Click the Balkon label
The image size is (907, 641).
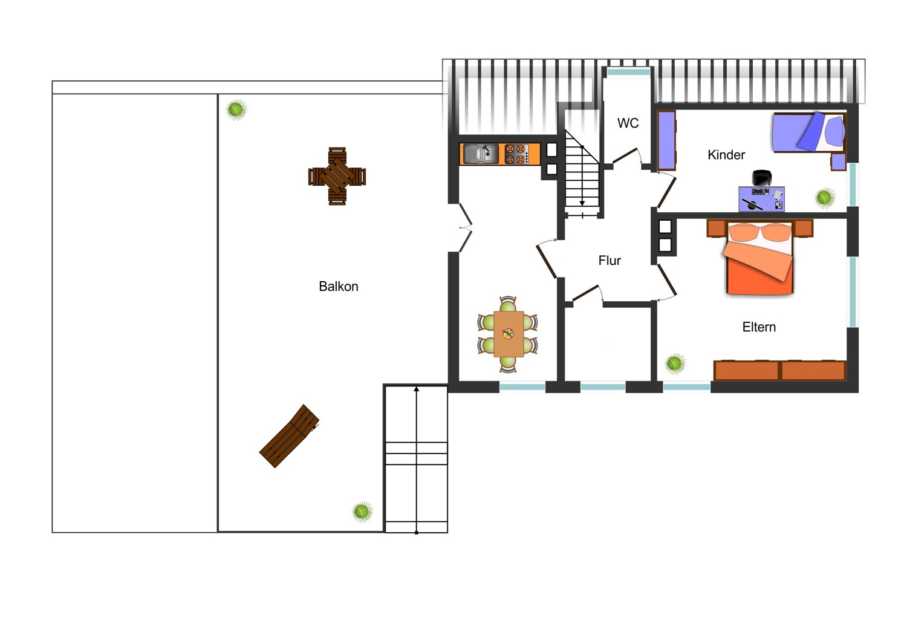point(338,287)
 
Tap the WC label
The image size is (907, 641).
point(628,123)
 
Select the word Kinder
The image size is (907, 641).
point(726,155)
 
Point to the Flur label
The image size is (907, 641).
point(609,261)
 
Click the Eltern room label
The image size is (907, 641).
point(758,327)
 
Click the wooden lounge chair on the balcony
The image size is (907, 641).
point(289,436)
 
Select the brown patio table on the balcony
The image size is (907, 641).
point(337,176)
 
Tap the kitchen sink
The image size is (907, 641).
point(481,154)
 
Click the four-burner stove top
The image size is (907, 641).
point(515,154)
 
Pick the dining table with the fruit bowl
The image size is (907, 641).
point(508,334)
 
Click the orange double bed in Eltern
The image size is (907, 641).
point(759,259)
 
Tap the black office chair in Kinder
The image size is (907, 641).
point(762,178)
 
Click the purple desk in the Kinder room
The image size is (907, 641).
point(761,199)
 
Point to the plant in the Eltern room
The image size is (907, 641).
point(675,363)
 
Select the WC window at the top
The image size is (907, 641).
point(628,72)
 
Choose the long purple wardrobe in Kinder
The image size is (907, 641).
point(666,140)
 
